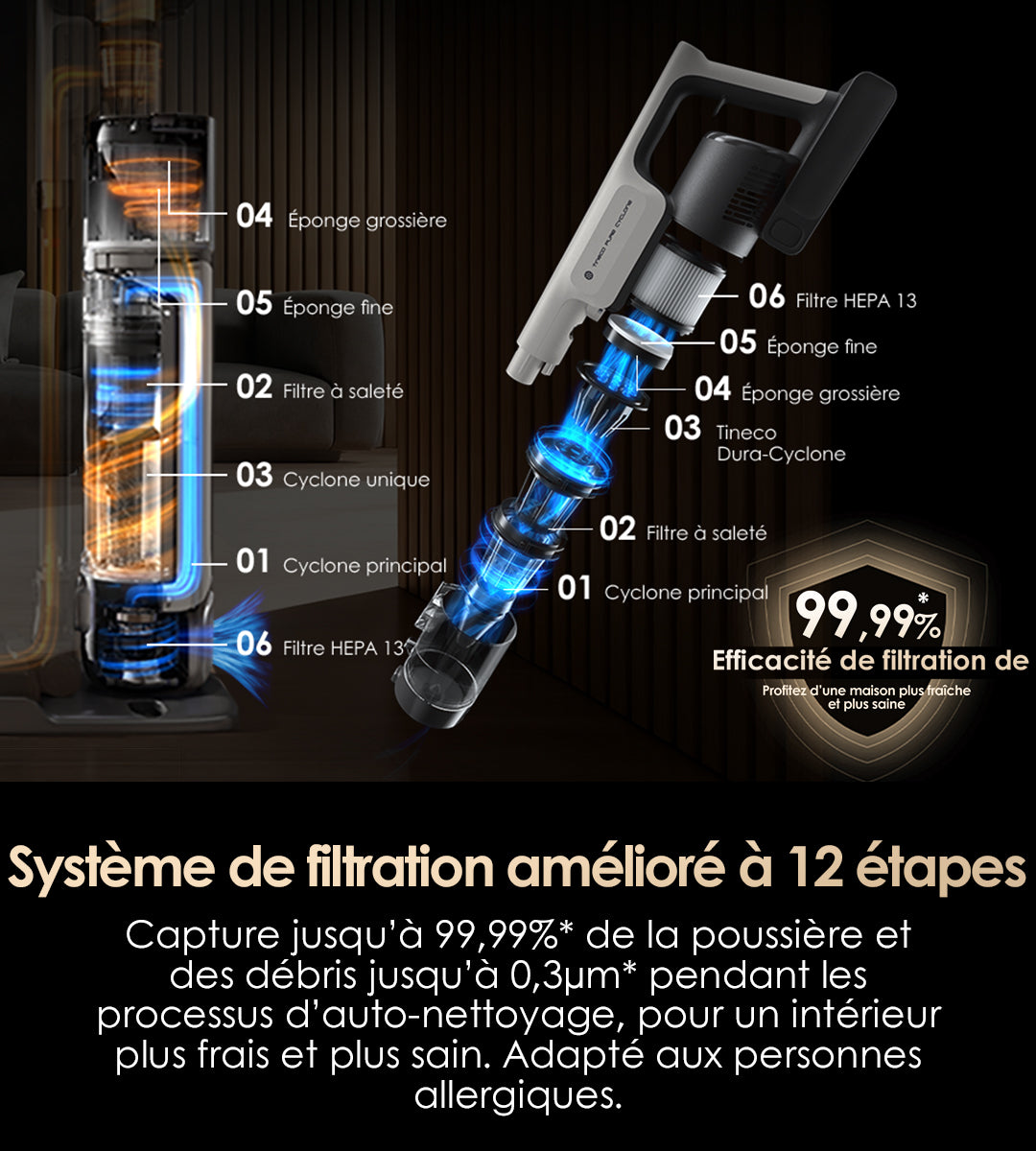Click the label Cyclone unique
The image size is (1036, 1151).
[357, 480]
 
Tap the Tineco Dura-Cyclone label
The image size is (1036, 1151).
[781, 443]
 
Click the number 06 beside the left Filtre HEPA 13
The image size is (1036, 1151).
[253, 644]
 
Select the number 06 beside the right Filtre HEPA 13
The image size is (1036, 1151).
[766, 296]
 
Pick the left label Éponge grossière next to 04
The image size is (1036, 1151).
[367, 221]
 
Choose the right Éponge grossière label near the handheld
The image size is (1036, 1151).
[821, 393]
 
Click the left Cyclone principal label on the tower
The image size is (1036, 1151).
[365, 566]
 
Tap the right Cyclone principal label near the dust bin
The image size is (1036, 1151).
[686, 592]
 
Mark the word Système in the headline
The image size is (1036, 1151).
[111, 867]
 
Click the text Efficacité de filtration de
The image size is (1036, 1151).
[870, 661]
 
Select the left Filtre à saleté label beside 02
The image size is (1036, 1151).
[343, 391]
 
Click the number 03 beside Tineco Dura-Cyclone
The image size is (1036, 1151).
[682, 428]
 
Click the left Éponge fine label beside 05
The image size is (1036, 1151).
[338, 308]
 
